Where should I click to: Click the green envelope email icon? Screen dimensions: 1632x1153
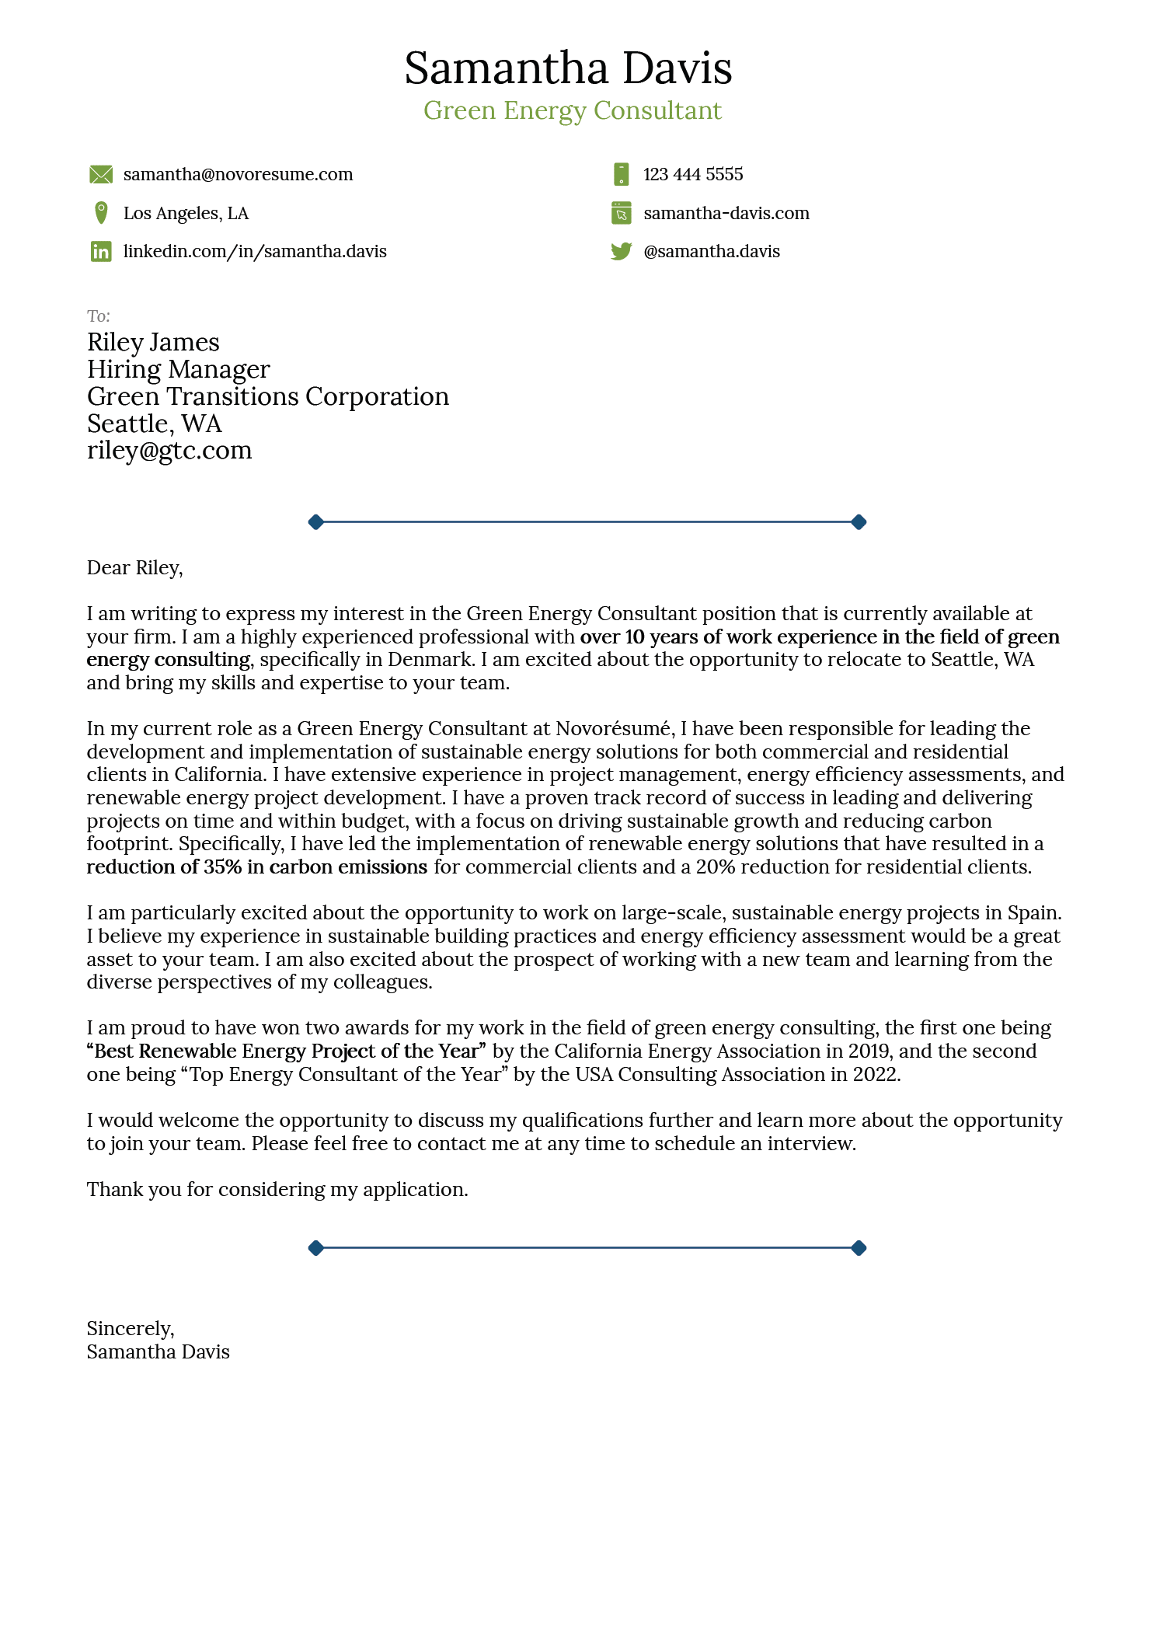[101, 175]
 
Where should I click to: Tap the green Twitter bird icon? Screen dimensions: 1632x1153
[621, 251]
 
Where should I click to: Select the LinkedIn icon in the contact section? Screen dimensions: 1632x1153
[101, 251]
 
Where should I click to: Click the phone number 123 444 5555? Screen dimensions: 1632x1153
[692, 175]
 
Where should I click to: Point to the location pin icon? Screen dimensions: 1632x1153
[101, 213]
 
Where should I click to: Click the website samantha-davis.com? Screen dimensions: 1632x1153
[726, 213]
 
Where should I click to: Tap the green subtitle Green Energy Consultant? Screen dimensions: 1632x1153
[573, 110]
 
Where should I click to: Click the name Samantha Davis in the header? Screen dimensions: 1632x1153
[568, 68]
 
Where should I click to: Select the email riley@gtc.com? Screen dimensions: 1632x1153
[169, 451]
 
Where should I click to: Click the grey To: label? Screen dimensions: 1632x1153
[99, 316]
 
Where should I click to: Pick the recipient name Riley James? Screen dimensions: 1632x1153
[153, 343]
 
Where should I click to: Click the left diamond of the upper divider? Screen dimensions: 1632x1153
[315, 522]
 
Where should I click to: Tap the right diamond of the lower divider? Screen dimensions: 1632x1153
[859, 1248]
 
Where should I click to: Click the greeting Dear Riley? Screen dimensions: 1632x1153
[134, 568]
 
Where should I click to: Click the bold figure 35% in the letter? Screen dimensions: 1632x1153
[223, 867]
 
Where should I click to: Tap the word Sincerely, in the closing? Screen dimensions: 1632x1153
[131, 1328]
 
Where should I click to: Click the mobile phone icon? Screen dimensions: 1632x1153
[621, 175]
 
